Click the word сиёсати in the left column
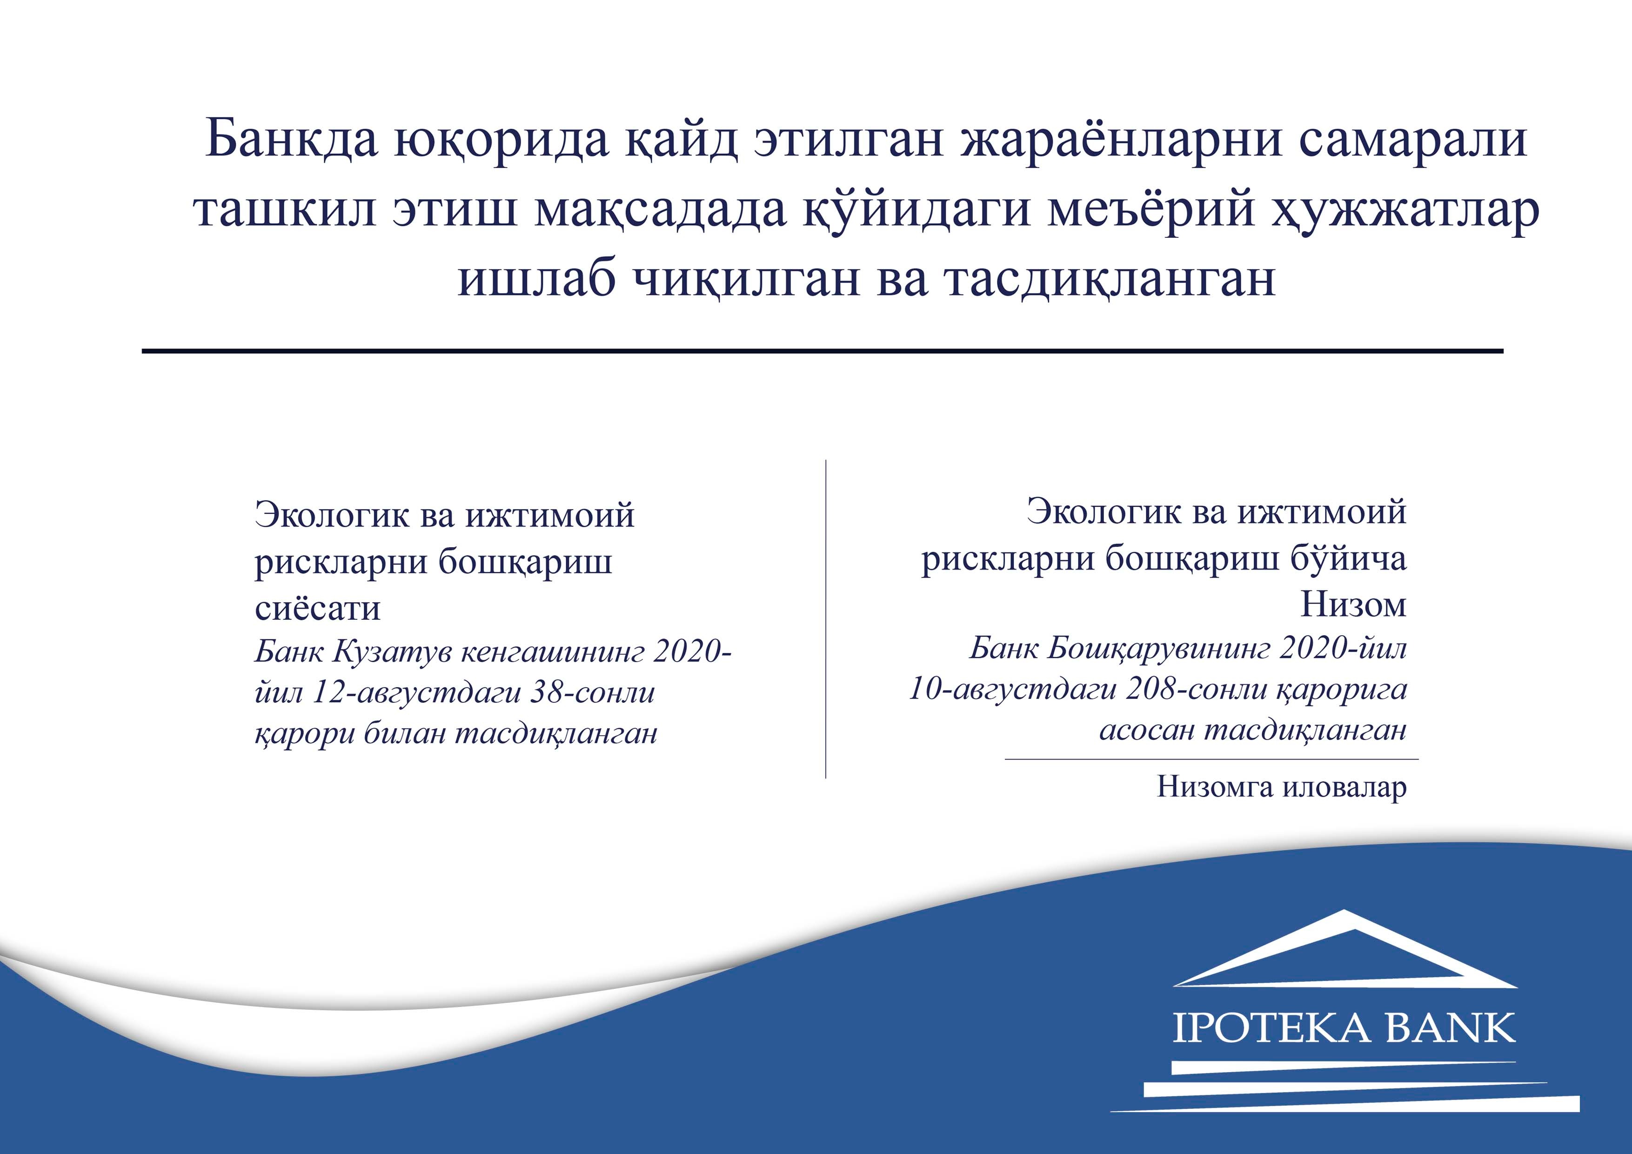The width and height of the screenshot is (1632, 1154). (x=318, y=607)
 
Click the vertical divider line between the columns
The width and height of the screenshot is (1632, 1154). (x=825, y=618)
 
